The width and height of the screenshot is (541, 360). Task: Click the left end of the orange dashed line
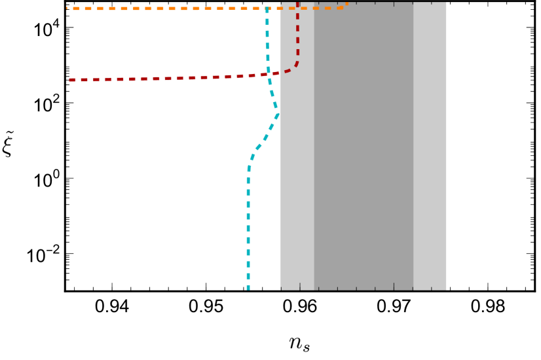point(67,9)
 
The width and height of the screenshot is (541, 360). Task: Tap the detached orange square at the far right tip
point(346,4)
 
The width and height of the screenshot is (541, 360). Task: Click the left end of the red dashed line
point(69,80)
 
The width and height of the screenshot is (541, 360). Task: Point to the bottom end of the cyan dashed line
point(248,289)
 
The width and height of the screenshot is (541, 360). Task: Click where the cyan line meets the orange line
point(267,9)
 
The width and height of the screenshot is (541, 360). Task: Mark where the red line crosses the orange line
point(297,8)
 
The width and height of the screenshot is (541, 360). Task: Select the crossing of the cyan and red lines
point(269,74)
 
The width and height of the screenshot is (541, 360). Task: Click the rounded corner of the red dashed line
point(294,66)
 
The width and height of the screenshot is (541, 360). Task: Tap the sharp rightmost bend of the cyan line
point(278,115)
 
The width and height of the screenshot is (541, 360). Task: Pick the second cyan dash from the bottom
point(248,276)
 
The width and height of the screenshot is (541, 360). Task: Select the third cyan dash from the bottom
point(248,264)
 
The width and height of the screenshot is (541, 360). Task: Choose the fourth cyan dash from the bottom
point(248,252)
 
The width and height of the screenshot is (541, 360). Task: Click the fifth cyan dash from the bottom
point(248,240)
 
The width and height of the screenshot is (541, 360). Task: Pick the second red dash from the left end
point(84,80)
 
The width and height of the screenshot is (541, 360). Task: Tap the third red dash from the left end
point(96,80)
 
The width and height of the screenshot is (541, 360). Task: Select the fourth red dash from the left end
point(108,79)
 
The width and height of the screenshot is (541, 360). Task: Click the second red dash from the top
point(297,16)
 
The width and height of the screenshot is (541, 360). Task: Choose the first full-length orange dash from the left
point(76,9)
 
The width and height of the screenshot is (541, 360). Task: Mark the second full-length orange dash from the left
point(88,9)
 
